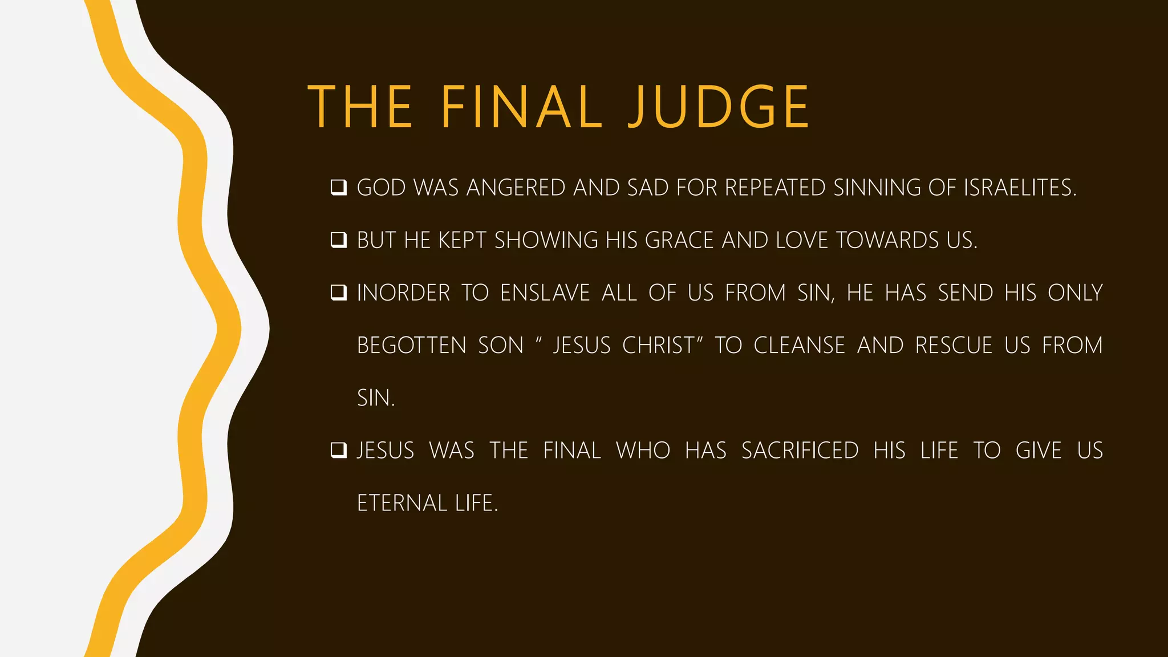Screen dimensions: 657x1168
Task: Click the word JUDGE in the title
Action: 719,107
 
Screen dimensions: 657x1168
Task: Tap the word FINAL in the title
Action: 521,107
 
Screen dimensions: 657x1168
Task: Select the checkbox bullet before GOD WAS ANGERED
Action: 339,188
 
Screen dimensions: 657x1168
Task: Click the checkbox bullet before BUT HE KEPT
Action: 339,240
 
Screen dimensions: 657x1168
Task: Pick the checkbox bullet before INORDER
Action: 339,293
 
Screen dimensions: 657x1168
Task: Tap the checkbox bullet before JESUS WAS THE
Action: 339,451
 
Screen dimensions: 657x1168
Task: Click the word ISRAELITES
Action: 1020,188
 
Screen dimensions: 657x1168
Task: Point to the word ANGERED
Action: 516,188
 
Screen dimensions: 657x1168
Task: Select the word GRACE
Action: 679,240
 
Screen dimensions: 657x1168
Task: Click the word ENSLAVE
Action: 545,293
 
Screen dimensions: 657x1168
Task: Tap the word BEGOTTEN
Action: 412,346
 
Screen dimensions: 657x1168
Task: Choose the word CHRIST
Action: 659,346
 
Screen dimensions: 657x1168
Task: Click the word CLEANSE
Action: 799,346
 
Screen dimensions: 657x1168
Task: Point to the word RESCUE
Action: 954,346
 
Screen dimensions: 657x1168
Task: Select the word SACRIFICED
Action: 800,451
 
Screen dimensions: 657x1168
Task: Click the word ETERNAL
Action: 402,503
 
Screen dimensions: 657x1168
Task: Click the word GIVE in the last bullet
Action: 1039,451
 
